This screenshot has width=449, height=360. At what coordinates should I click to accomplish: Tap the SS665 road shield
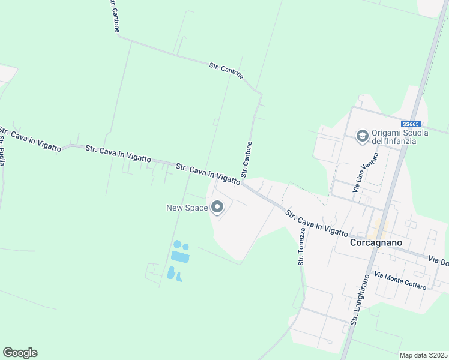[411, 121]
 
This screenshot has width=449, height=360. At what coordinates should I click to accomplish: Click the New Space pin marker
[217, 208]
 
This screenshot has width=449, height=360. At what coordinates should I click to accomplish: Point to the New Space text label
[187, 208]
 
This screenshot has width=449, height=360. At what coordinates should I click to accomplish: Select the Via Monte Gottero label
[400, 280]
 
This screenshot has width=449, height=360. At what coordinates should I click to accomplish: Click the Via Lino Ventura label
[366, 172]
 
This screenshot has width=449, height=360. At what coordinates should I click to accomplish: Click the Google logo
[20, 353]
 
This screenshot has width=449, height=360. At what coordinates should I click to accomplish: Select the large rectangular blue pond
[179, 257]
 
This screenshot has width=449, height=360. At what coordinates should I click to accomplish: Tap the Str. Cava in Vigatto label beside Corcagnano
[316, 223]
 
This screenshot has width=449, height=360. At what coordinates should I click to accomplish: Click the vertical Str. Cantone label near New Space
[246, 160]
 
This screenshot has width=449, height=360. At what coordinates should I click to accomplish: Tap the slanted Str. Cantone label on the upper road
[226, 70]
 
